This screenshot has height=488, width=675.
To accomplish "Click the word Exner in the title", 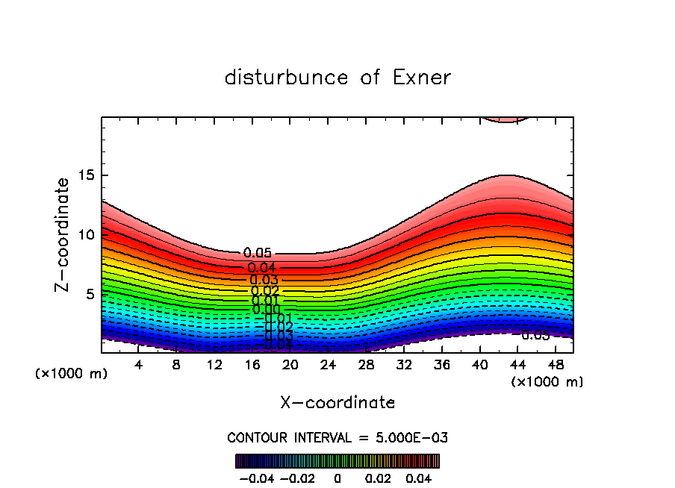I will tap(421, 77).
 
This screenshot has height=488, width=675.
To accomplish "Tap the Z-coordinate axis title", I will tap(63, 234).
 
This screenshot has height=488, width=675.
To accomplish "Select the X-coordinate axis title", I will tap(337, 402).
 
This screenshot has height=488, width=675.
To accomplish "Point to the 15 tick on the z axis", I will tap(86, 175).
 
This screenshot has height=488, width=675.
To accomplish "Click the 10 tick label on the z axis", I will tap(86, 234).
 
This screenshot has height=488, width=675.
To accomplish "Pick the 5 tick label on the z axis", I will tap(90, 293).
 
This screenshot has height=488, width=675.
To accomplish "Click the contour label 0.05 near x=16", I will tap(258, 254).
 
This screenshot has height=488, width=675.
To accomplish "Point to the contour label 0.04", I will tap(262, 268).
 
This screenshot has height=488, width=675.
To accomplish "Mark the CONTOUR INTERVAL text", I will tap(337, 437).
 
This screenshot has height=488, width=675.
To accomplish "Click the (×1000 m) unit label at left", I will tap(72, 374).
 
